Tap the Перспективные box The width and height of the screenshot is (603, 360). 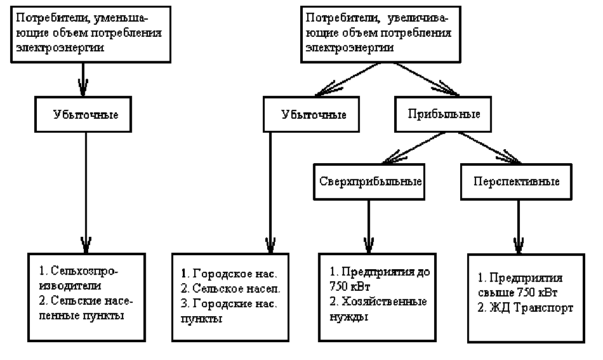pyautogui.click(x=516, y=181)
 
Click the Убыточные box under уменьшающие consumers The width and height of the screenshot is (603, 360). pyautogui.click(x=86, y=115)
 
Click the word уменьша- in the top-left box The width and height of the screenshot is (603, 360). pyautogui.click(x=138, y=20)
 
